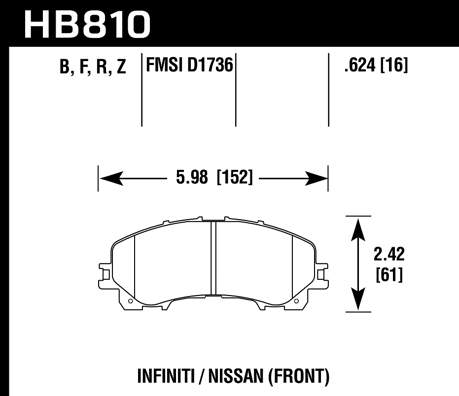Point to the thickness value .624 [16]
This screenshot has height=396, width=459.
(376, 65)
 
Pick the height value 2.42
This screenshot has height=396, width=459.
(389, 255)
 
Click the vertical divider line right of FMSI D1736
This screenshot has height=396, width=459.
(236, 89)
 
